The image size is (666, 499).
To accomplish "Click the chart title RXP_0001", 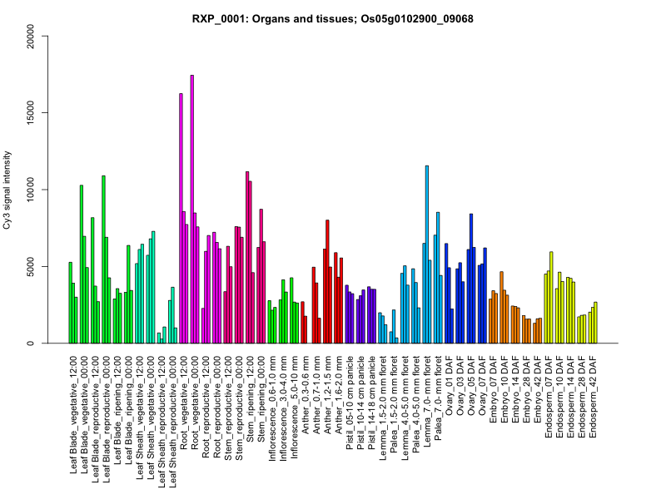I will point(332,18).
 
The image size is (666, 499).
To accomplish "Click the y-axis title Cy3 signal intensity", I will point(7,190).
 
